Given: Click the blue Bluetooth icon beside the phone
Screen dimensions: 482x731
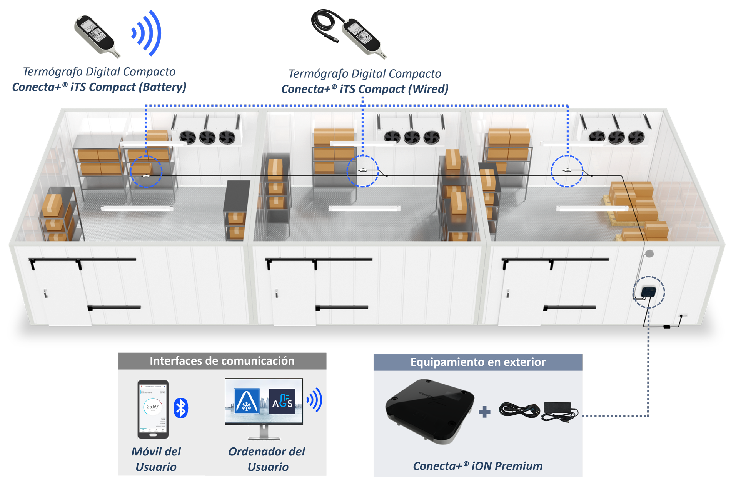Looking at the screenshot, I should pyautogui.click(x=180, y=408).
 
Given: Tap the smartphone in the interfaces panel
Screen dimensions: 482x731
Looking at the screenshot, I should pyautogui.click(x=153, y=409).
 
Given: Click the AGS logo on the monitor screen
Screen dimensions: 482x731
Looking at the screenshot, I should pyautogui.click(x=282, y=402).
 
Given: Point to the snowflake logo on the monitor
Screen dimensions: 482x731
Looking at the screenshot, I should pyautogui.click(x=246, y=401).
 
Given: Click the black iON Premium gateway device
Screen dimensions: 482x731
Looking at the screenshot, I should pyautogui.click(x=430, y=411).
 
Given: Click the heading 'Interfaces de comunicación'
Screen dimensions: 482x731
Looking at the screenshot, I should pyautogui.click(x=222, y=361).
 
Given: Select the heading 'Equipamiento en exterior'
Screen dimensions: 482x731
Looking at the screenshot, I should pyautogui.click(x=478, y=362).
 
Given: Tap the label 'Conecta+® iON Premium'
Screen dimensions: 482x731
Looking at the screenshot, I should pyautogui.click(x=477, y=466).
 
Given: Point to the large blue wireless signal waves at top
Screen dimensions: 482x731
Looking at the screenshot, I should pyautogui.click(x=148, y=33).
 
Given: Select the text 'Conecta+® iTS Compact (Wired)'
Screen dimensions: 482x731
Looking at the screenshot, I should pyautogui.click(x=364, y=89).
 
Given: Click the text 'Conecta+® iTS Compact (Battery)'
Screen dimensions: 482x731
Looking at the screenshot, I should pyautogui.click(x=99, y=87).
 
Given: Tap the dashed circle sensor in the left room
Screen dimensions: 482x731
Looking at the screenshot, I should pyautogui.click(x=146, y=172).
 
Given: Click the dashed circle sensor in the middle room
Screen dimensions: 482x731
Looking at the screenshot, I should pyautogui.click(x=362, y=171).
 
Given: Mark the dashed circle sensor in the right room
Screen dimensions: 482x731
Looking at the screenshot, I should pyautogui.click(x=567, y=171).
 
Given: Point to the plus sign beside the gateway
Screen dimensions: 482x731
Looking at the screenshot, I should pyautogui.click(x=484, y=412).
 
